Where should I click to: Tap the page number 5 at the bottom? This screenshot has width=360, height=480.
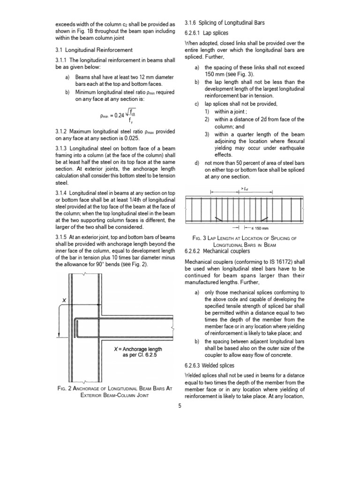click(x=180, y=405)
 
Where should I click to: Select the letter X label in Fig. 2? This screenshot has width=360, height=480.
click(x=64, y=300)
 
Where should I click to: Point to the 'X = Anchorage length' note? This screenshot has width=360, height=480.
click(x=135, y=349)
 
